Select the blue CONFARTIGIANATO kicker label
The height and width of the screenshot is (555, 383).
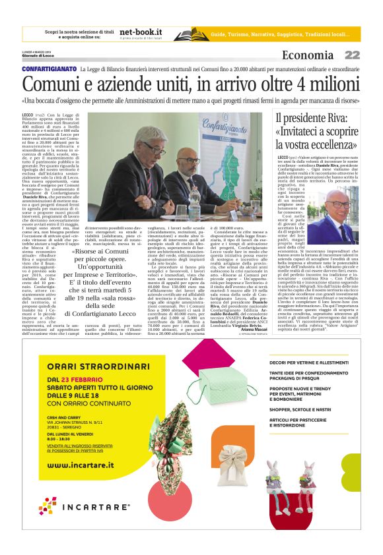point(50,69)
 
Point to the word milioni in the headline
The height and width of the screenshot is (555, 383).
point(323,84)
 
